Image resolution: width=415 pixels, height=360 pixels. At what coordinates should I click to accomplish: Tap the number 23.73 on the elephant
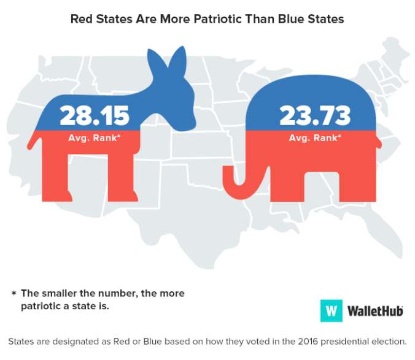pyautogui.click(x=314, y=115)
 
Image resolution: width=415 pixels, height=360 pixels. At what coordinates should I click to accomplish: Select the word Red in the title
pyautogui.click(x=82, y=19)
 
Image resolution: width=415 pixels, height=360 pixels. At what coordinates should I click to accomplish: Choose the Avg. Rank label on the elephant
pyautogui.click(x=314, y=137)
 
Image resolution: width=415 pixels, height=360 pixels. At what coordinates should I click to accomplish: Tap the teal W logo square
pyautogui.click(x=331, y=310)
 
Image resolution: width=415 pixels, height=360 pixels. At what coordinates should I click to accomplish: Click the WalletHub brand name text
pyautogui.click(x=374, y=311)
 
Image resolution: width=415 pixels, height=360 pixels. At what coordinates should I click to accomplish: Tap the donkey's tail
pyautogui.click(x=33, y=144)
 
